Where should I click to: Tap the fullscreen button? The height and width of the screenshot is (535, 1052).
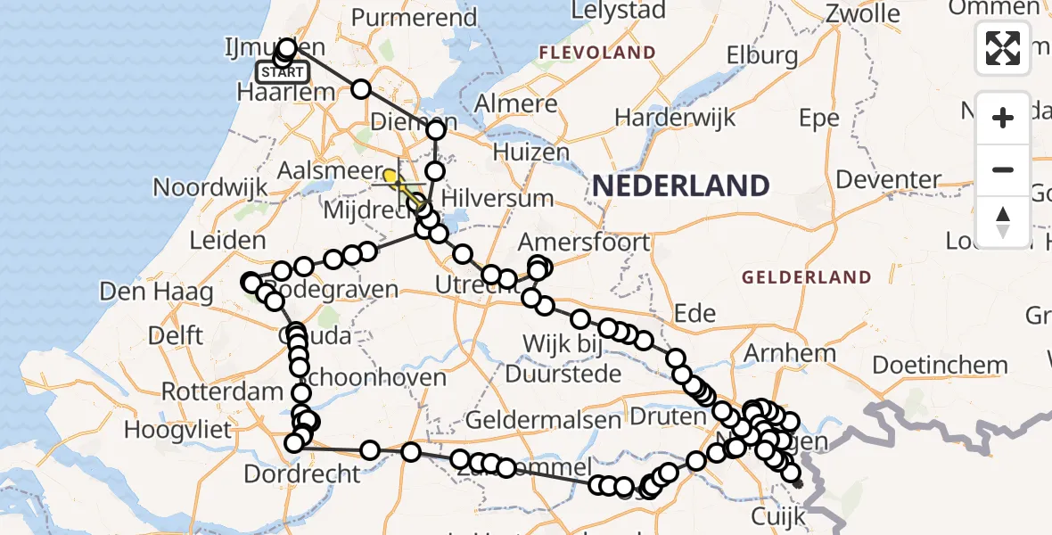[1003, 48]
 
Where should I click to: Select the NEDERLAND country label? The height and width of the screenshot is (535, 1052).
[680, 185]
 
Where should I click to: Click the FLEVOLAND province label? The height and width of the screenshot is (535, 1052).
[596, 53]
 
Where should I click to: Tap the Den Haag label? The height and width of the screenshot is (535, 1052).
[156, 292]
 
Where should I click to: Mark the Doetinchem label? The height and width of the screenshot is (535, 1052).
[940, 365]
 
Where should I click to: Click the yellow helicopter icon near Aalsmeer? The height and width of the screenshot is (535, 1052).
[392, 177]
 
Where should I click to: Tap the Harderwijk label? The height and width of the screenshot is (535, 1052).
[674, 117]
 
